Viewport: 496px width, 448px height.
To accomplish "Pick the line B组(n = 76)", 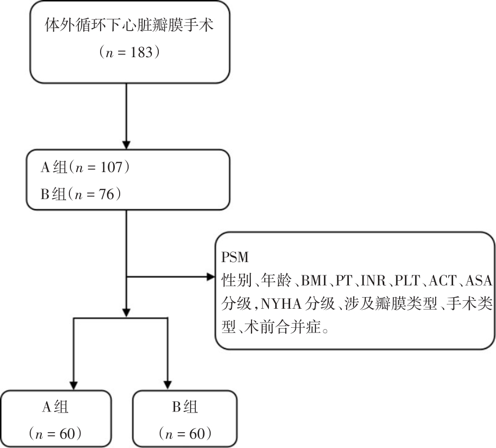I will click(82, 194).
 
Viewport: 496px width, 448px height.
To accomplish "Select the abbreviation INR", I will click(374, 279).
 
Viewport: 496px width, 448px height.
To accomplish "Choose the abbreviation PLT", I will click(410, 279).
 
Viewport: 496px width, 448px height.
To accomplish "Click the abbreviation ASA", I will click(481, 279).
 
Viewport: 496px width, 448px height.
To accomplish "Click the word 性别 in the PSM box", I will click(233, 279).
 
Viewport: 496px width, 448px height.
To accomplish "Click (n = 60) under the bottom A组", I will click(55, 433).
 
